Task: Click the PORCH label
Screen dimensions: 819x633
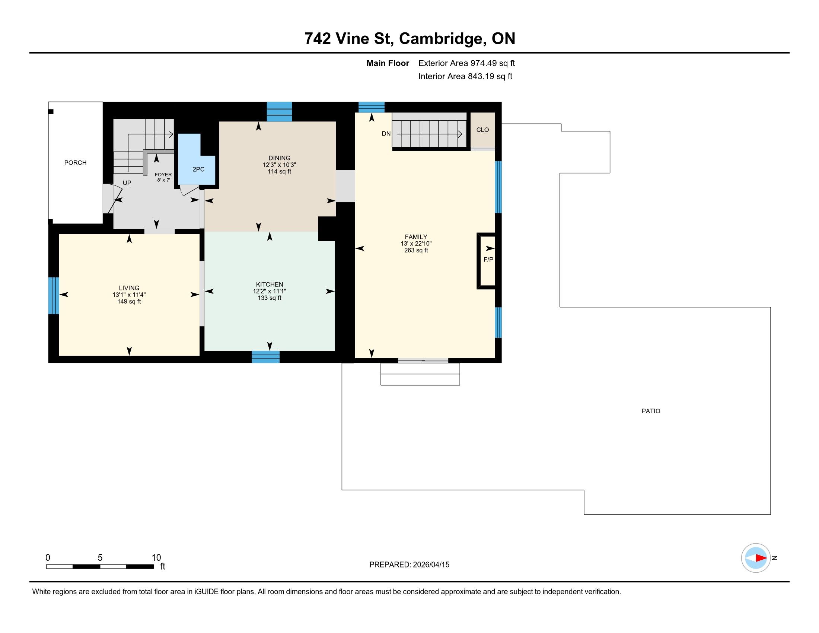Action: tap(75, 163)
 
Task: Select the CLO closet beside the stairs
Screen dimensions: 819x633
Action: tap(482, 130)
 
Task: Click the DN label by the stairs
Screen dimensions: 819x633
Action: tap(386, 134)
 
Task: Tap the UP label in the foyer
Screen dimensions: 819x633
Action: tap(127, 183)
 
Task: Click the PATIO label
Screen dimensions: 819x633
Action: tap(651, 411)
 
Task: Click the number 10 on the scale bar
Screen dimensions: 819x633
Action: tap(156, 558)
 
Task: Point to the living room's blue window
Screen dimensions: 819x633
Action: tap(54, 296)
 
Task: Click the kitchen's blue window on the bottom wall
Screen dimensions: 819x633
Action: tap(265, 357)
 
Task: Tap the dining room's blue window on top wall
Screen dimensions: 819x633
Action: tap(279, 112)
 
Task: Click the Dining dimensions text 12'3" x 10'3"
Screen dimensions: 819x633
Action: tap(279, 165)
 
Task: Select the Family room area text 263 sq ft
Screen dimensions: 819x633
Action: tap(416, 251)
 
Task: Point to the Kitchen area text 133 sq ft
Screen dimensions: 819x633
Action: tap(270, 298)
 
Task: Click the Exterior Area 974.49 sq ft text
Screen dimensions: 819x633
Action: tap(467, 63)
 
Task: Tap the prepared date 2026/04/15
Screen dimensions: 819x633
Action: tap(431, 565)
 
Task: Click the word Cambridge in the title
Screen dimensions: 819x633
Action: tap(441, 39)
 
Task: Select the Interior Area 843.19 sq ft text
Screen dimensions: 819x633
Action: tap(465, 76)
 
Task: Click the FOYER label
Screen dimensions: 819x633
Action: tap(163, 175)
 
